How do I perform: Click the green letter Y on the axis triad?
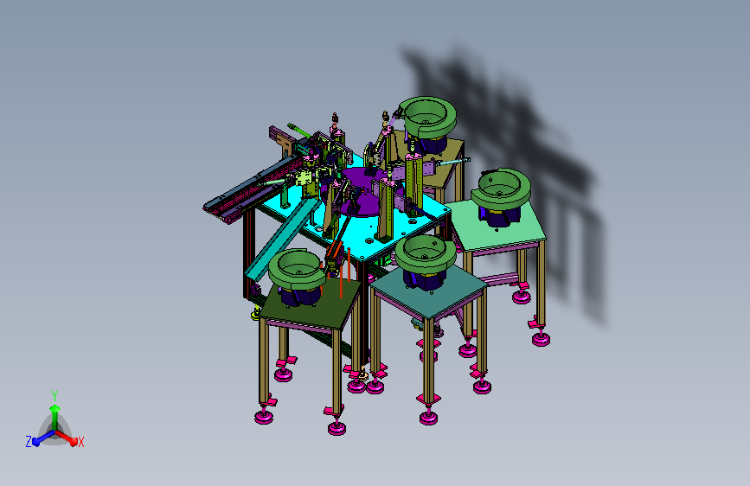pyautogui.click(x=54, y=396)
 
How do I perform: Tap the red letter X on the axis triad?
pyautogui.click(x=80, y=442)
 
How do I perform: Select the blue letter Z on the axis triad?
pyautogui.click(x=29, y=442)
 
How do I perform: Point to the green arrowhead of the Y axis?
pyautogui.click(x=54, y=408)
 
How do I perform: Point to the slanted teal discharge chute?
pyautogui.click(x=282, y=240)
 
